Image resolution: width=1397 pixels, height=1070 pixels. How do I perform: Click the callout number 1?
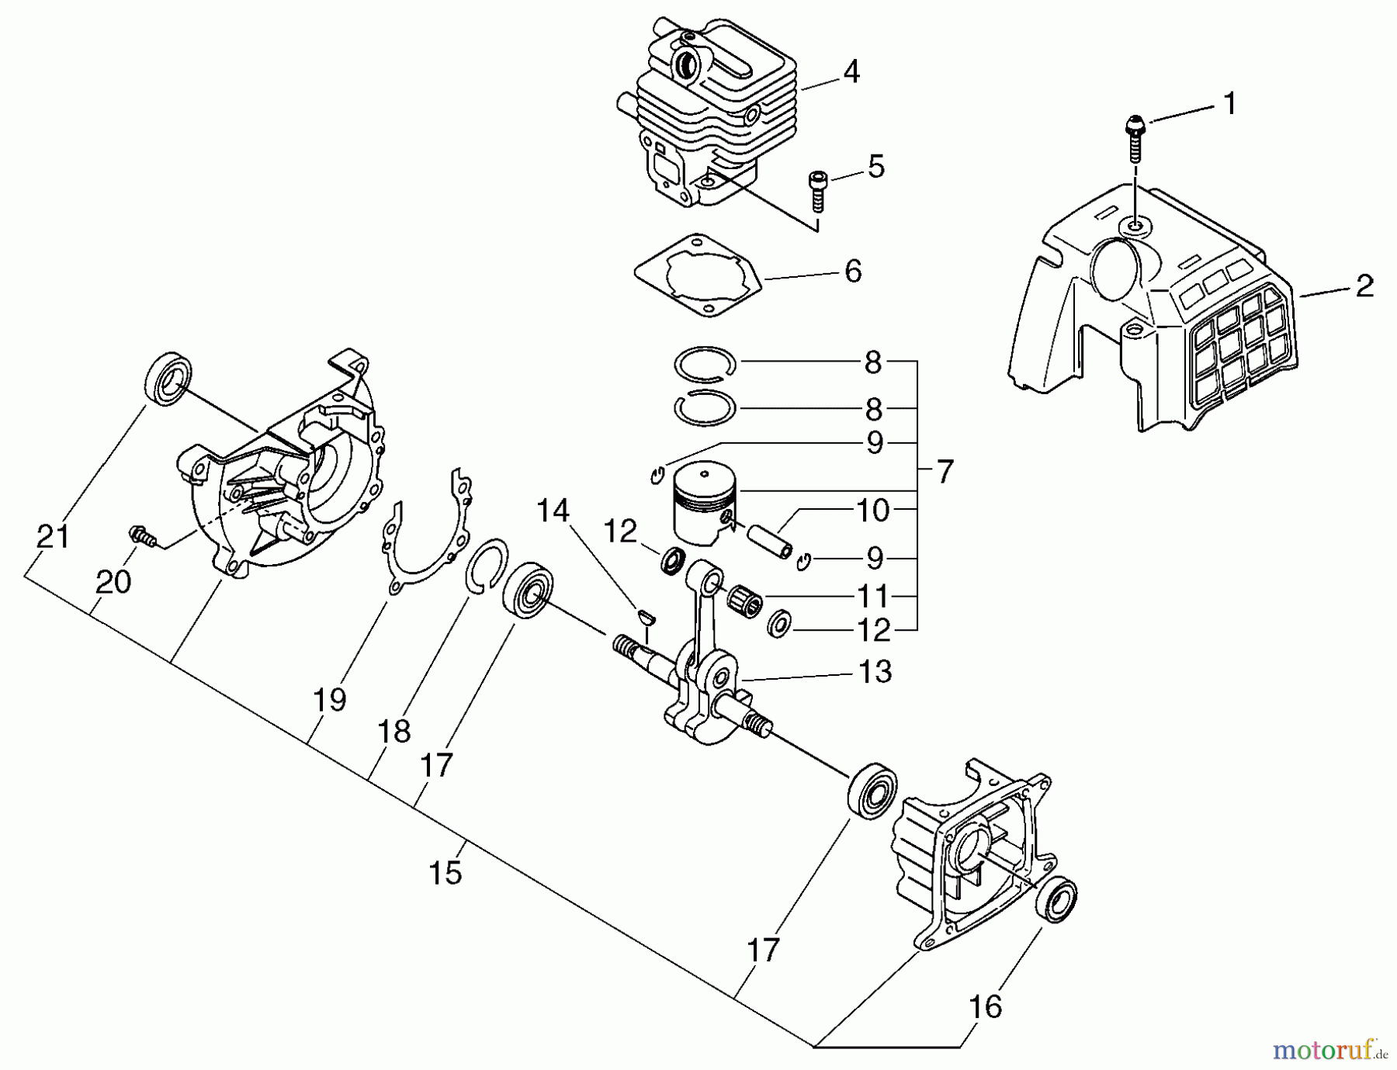pyautogui.click(x=1229, y=104)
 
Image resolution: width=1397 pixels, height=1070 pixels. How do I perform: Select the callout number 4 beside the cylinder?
pyautogui.click(x=851, y=72)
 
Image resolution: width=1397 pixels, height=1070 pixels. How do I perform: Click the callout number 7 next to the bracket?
pyautogui.click(x=944, y=472)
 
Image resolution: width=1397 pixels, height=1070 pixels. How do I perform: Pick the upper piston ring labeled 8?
pyautogui.click(x=704, y=363)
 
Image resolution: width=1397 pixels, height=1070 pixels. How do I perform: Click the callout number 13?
pyautogui.click(x=875, y=672)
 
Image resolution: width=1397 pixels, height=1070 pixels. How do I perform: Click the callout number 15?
pyautogui.click(x=445, y=872)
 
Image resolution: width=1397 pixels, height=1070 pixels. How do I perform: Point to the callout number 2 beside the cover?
pyautogui.click(x=1364, y=286)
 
